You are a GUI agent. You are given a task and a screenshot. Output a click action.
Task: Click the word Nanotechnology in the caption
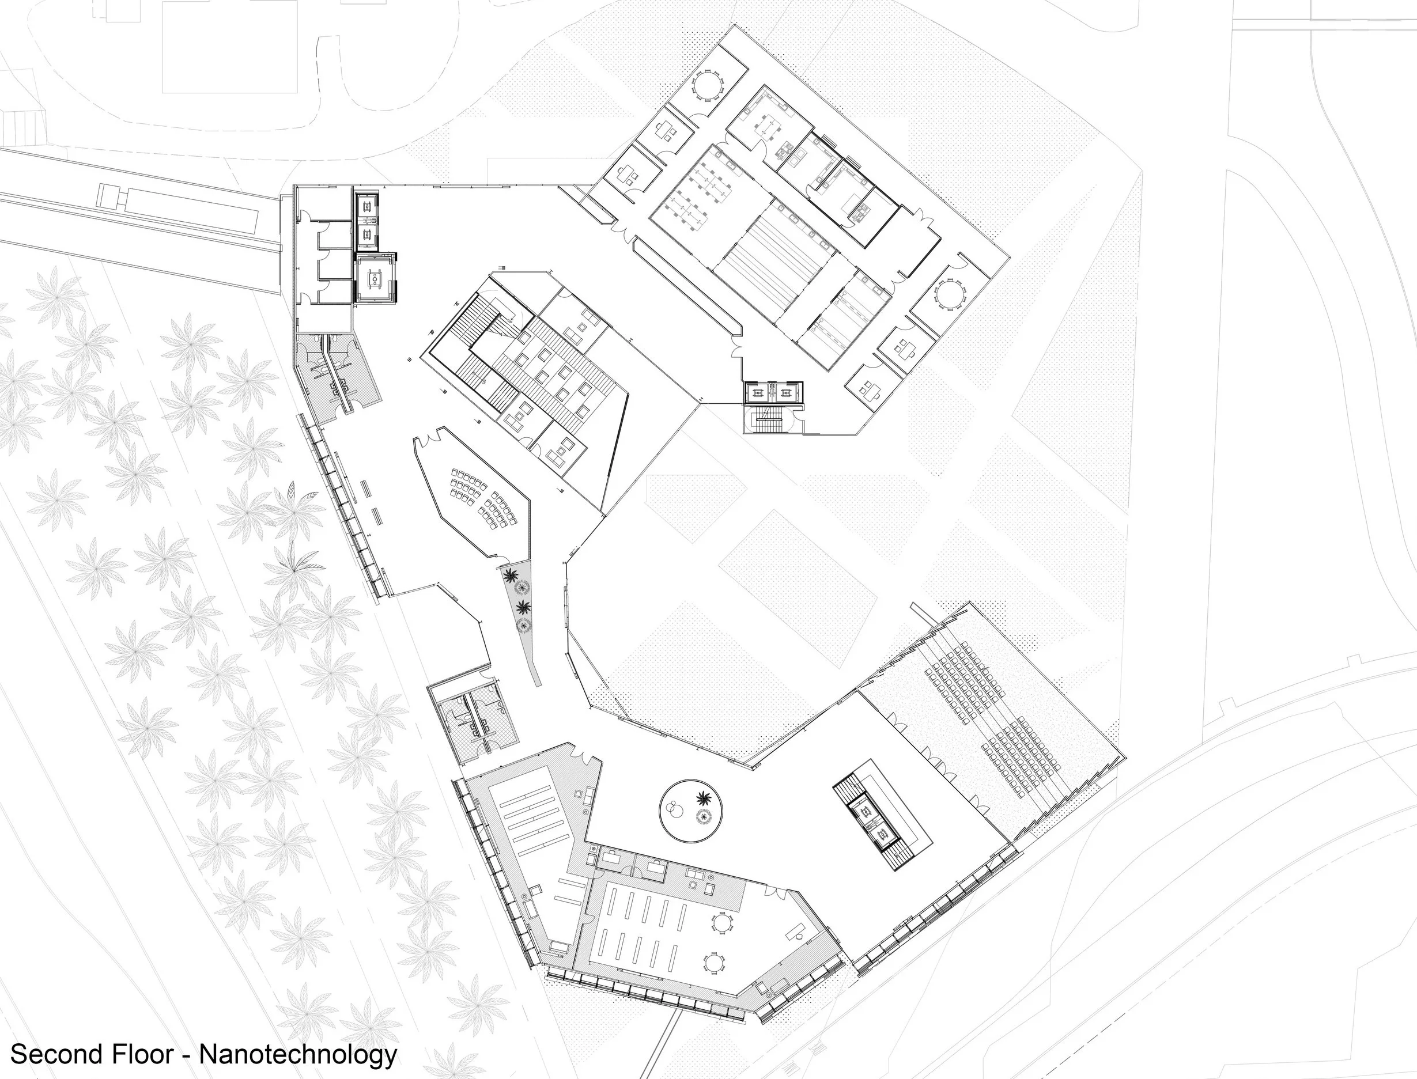298,1055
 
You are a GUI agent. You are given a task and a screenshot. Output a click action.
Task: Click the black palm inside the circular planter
705,798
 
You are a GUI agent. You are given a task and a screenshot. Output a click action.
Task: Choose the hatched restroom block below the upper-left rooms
336,375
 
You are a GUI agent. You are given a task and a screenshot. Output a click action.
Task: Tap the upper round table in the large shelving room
721,922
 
